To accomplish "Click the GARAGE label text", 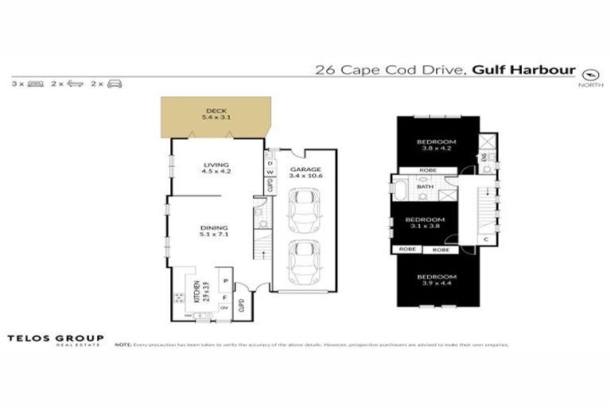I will click(304, 172).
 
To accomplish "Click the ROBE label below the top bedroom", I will click(426, 169).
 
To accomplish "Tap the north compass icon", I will click(590, 72).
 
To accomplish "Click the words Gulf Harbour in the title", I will click(523, 69).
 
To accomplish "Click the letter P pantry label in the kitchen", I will click(225, 281).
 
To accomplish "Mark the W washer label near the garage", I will click(270, 172).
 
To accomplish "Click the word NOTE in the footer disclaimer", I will click(123, 345).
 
